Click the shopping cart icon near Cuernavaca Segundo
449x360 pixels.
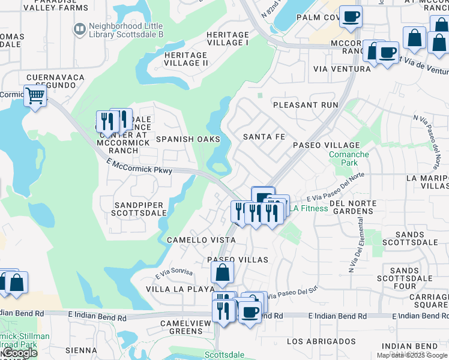coord(35,96)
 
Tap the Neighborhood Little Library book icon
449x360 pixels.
coord(79,29)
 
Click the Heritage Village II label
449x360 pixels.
coord(186,59)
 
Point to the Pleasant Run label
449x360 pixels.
coord(306,105)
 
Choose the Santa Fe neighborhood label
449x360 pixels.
coord(264,137)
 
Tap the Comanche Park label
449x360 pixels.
coord(349,158)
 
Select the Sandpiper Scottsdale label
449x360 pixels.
coord(140,209)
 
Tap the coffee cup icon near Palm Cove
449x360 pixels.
coord(351,17)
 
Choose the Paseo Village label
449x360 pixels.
coord(326,145)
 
